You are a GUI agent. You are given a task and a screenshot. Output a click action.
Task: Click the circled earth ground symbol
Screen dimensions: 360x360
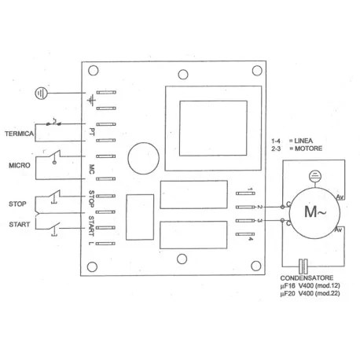click(41, 93)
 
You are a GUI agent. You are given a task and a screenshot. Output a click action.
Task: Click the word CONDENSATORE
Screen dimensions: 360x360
click(307, 279)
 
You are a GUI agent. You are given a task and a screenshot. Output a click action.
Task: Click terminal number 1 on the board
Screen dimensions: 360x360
click(250, 189)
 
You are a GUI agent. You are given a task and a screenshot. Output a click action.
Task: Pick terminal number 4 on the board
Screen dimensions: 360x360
click(250, 238)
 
